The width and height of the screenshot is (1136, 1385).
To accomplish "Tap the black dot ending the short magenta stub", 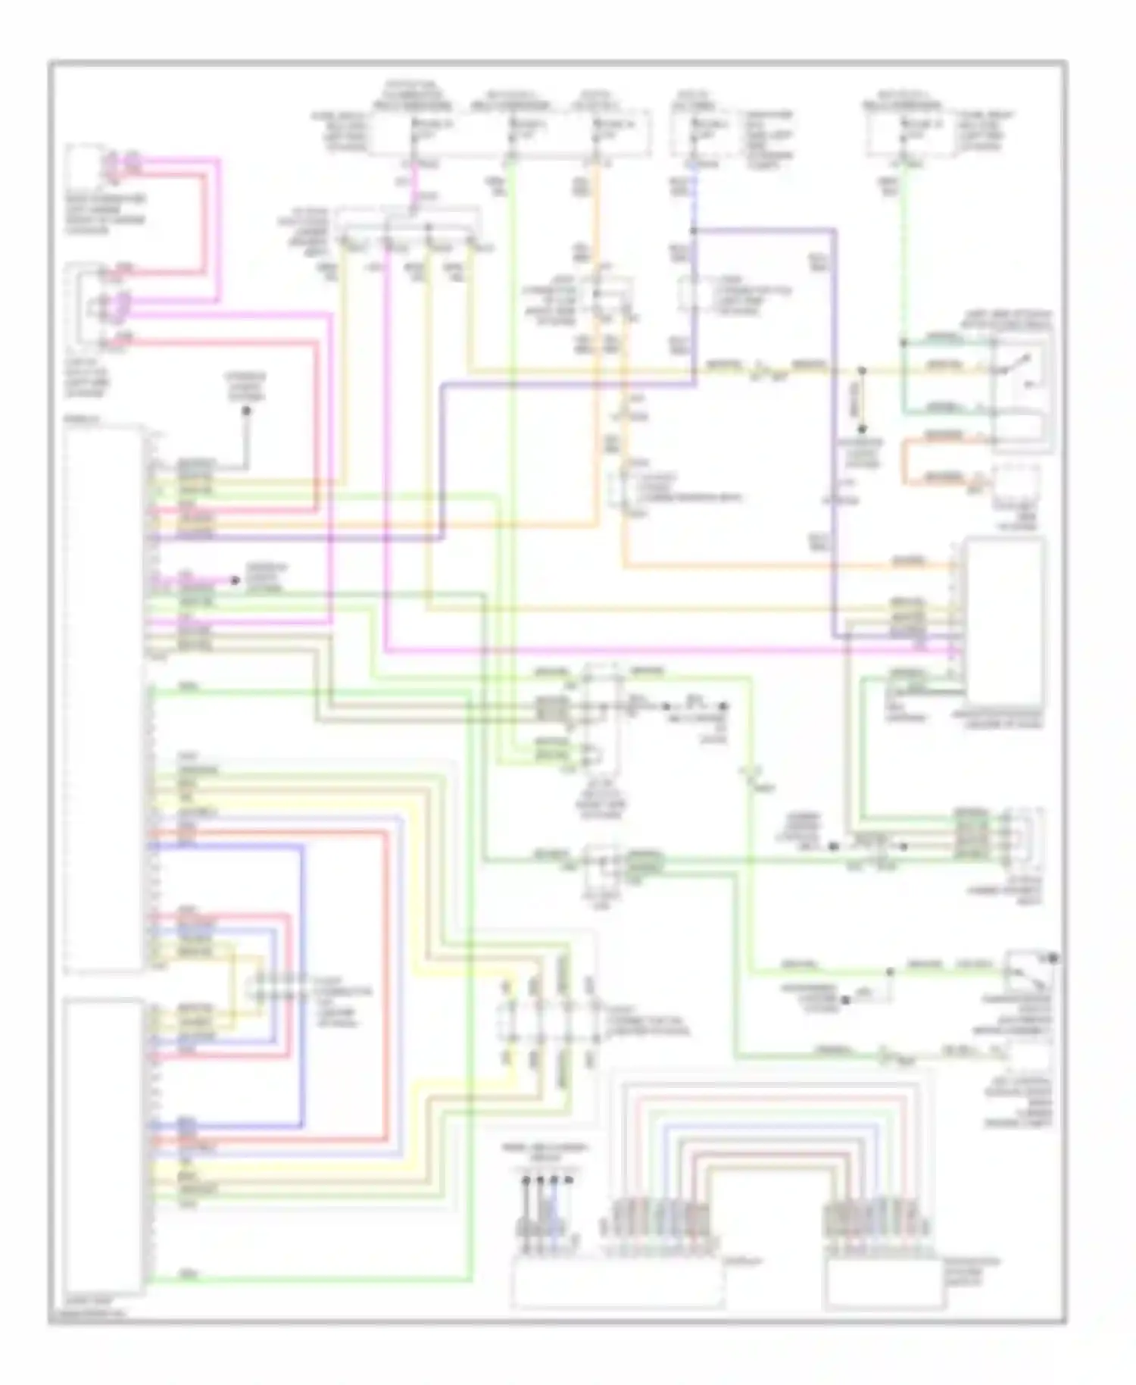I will (x=236, y=580).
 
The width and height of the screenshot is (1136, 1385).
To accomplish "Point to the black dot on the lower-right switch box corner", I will (x=1053, y=959).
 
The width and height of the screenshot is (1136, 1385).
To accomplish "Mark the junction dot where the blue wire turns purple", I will (x=694, y=230).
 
